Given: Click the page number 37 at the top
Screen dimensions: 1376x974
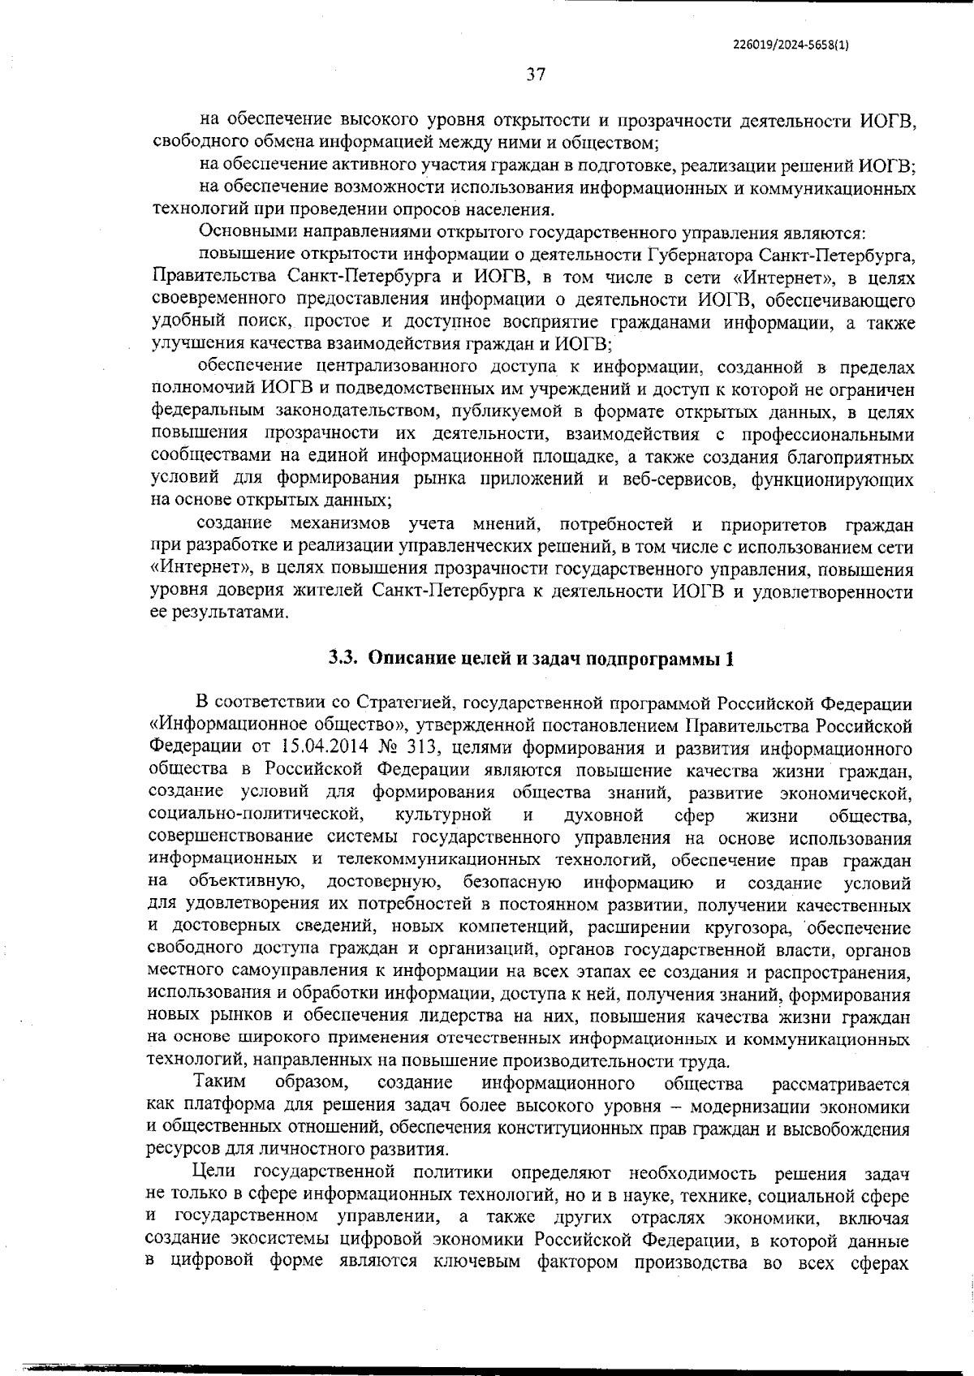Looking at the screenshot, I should [535, 75].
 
